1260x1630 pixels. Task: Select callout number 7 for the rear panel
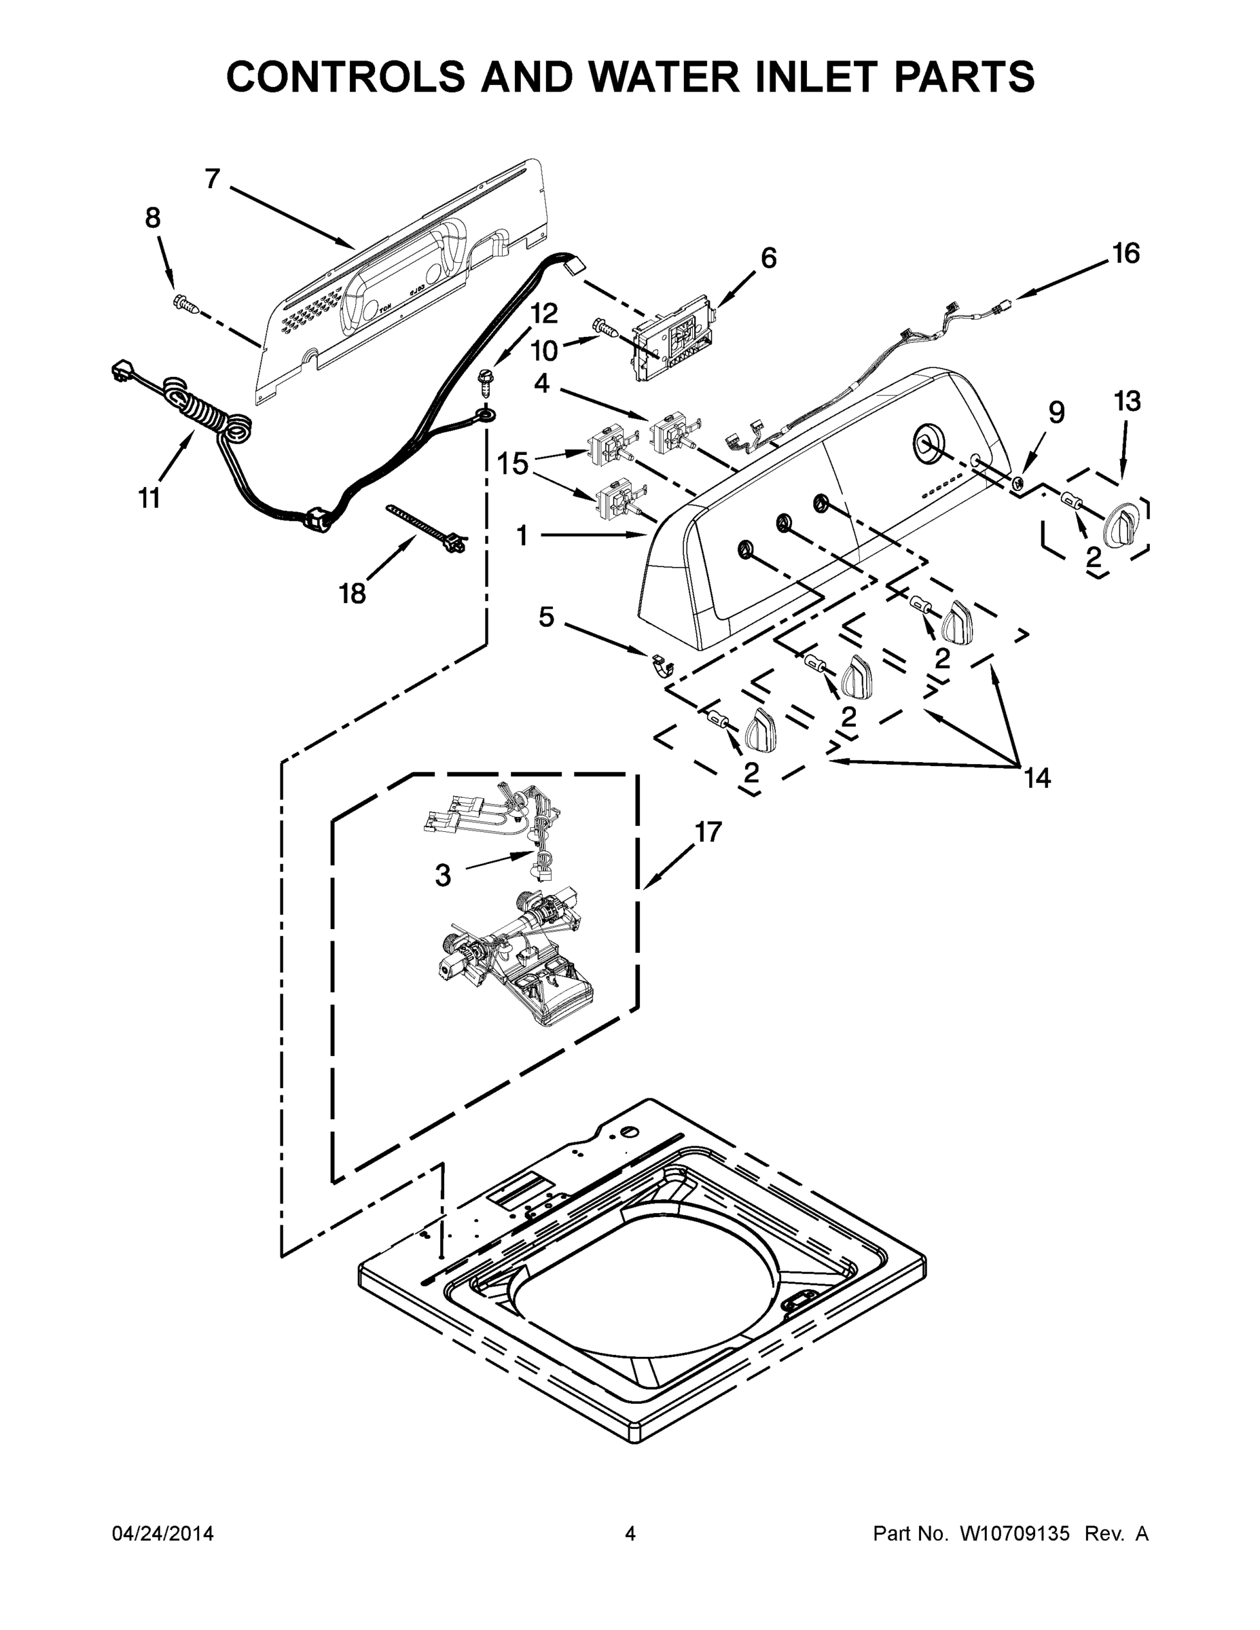tap(213, 179)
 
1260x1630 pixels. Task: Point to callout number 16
tap(1126, 254)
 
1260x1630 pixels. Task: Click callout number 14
tap(1037, 778)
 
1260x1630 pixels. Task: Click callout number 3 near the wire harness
tap(443, 875)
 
